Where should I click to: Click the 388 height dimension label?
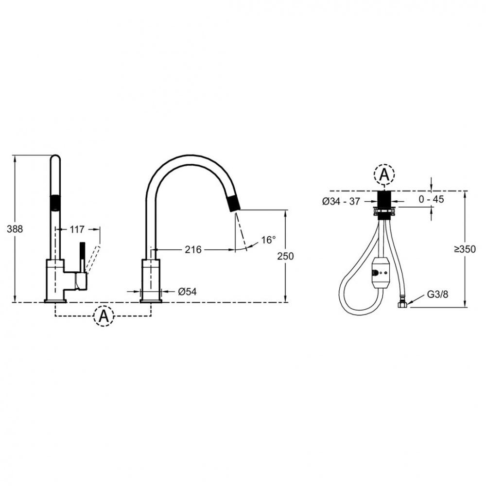(15, 229)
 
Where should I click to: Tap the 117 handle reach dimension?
(77, 229)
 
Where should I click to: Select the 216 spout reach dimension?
(193, 249)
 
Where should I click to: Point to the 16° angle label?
(268, 240)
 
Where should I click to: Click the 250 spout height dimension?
(285, 256)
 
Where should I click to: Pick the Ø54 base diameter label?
(187, 292)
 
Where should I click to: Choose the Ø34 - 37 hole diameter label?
(341, 202)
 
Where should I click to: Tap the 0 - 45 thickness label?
(431, 199)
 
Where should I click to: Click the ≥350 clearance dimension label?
(465, 249)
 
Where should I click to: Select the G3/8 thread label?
(438, 294)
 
